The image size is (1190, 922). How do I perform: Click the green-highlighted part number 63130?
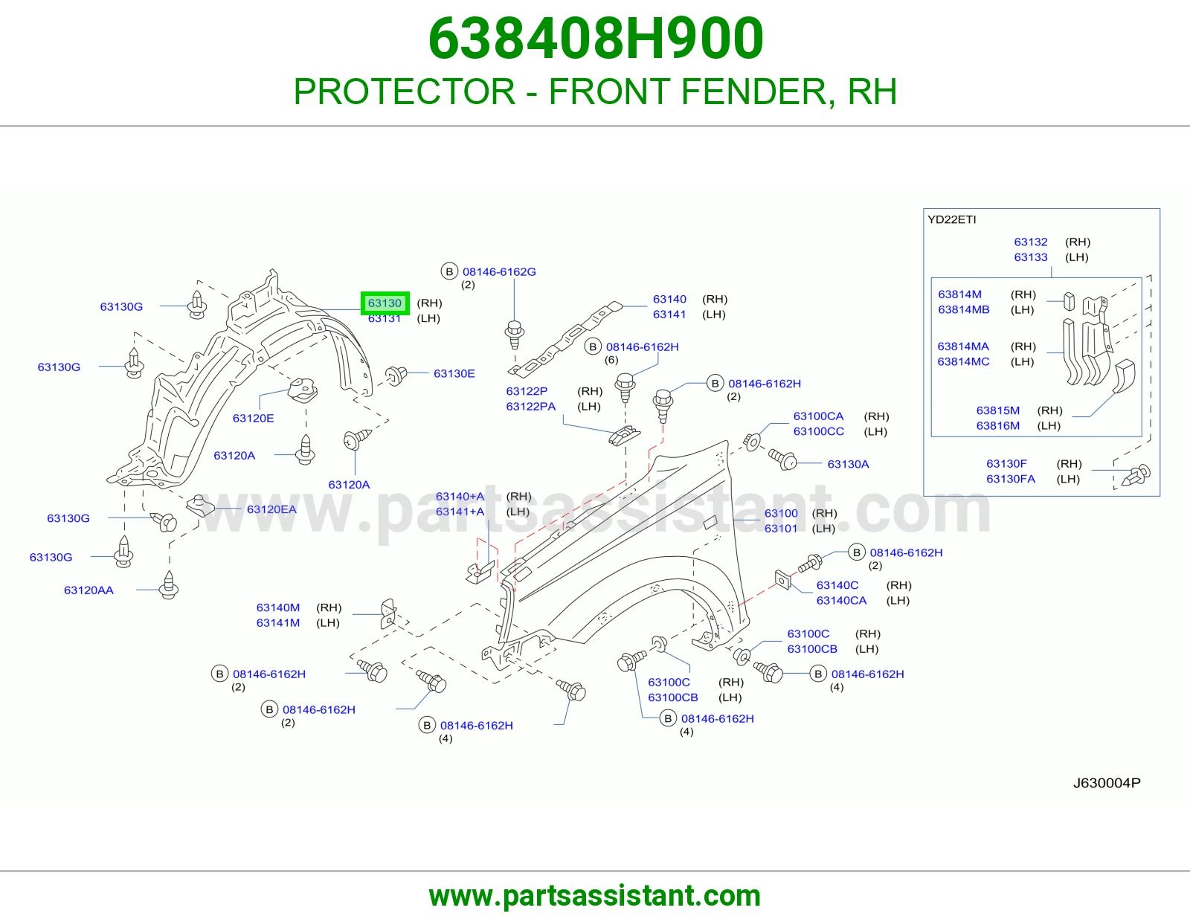coord(385,303)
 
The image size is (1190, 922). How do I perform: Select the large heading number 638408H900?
coord(595,39)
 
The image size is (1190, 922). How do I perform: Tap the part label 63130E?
coord(454,373)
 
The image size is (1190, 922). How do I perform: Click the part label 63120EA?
coord(271,509)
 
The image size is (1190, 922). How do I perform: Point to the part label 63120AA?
coord(89,590)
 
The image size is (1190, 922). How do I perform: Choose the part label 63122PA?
coord(530,406)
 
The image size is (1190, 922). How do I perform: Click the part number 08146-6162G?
coord(499,271)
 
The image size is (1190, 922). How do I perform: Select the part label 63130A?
coord(849,464)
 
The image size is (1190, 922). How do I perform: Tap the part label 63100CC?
coord(819,431)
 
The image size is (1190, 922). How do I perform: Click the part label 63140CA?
coord(842,601)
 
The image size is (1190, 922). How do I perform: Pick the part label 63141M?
coord(278,623)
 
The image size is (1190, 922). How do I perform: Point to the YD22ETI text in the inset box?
coord(952,219)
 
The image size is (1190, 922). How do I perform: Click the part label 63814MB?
coord(964,310)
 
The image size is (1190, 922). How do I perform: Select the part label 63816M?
coord(998,426)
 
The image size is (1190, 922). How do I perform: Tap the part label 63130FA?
coord(1011,479)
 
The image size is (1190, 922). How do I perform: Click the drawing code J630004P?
coord(1107,783)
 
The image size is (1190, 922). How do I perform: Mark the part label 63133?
coord(1031,257)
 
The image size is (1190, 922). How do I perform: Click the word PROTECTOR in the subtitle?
coord(405,91)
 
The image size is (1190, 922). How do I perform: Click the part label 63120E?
coord(253,419)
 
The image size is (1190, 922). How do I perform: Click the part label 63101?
coord(781,529)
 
